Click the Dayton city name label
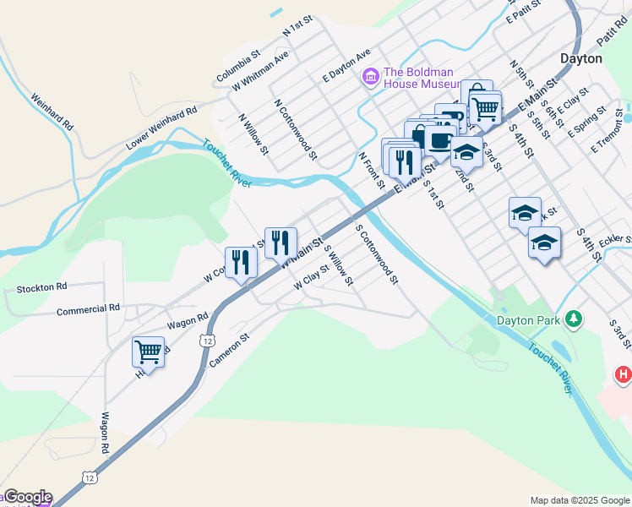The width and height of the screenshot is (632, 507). pyautogui.click(x=581, y=58)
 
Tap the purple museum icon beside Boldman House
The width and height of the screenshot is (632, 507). pyautogui.click(x=369, y=78)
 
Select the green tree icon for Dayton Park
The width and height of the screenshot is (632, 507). pyautogui.click(x=574, y=319)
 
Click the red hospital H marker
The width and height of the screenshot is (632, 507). pyautogui.click(x=623, y=373)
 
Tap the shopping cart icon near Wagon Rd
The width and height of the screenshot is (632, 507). pyautogui.click(x=148, y=351)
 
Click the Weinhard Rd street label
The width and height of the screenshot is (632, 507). pyautogui.click(x=52, y=111)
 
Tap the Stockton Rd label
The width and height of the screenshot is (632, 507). pyautogui.click(x=35, y=288)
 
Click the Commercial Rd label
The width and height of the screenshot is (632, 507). pyautogui.click(x=88, y=310)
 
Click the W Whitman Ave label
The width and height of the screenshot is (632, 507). pyautogui.click(x=261, y=70)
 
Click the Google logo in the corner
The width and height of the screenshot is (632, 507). pyautogui.click(x=27, y=498)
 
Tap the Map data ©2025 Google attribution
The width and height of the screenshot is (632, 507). pyautogui.click(x=580, y=500)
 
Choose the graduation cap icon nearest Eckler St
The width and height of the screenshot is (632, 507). pyautogui.click(x=544, y=243)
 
